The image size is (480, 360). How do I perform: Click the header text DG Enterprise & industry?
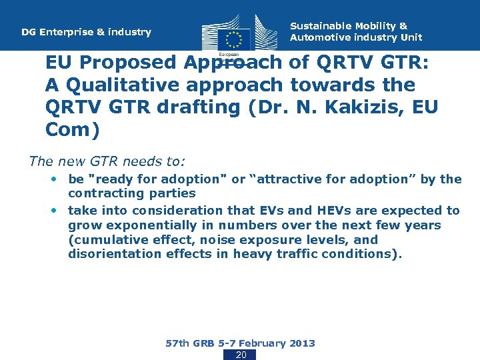point(86,32)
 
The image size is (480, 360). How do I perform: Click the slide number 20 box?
point(241,355)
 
